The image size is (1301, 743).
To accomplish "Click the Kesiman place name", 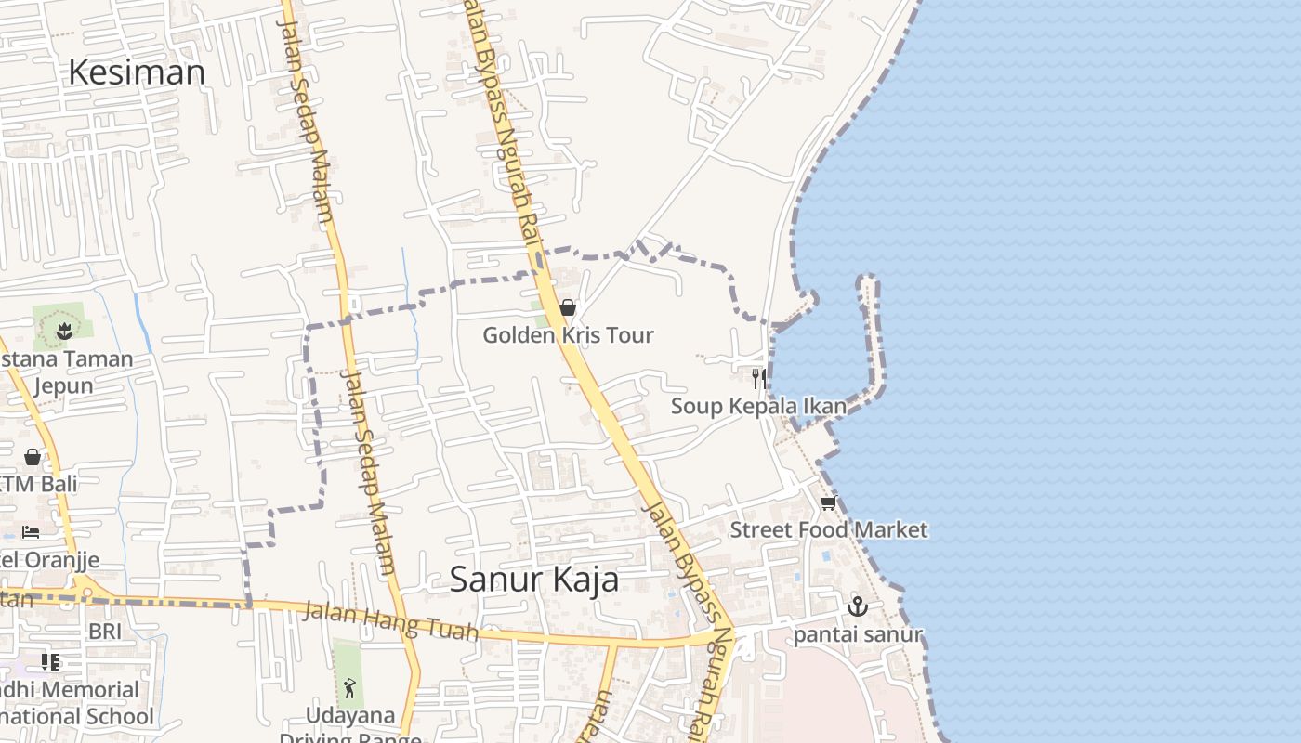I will pyautogui.click(x=137, y=72).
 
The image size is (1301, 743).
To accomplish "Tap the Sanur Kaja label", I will pyautogui.click(x=534, y=579).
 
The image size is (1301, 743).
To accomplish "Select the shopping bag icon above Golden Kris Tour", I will pyautogui.click(x=567, y=307).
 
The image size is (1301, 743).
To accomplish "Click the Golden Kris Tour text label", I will pyautogui.click(x=568, y=335).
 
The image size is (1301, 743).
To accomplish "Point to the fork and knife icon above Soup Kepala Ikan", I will pyautogui.click(x=759, y=378).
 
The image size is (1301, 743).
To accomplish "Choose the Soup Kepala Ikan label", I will pyautogui.click(x=758, y=406).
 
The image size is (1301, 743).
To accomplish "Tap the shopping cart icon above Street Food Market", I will pyautogui.click(x=828, y=502).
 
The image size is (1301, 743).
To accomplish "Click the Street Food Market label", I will pyautogui.click(x=828, y=529).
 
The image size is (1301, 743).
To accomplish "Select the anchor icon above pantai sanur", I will pyautogui.click(x=857, y=606).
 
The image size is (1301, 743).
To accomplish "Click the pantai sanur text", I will pyautogui.click(x=857, y=634).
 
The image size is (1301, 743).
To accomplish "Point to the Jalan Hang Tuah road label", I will pyautogui.click(x=390, y=621).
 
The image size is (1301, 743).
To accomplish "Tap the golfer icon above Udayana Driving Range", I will pyautogui.click(x=349, y=688).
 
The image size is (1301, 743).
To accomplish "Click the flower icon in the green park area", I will pyautogui.click(x=64, y=331).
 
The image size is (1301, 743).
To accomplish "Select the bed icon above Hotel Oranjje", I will pyautogui.click(x=31, y=532).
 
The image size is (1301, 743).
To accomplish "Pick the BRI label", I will pyautogui.click(x=105, y=632).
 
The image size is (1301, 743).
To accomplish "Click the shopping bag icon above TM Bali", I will pyautogui.click(x=33, y=457).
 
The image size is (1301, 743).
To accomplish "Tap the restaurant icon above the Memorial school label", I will pyautogui.click(x=50, y=662).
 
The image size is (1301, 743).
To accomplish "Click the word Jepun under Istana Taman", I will pyautogui.click(x=63, y=385).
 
